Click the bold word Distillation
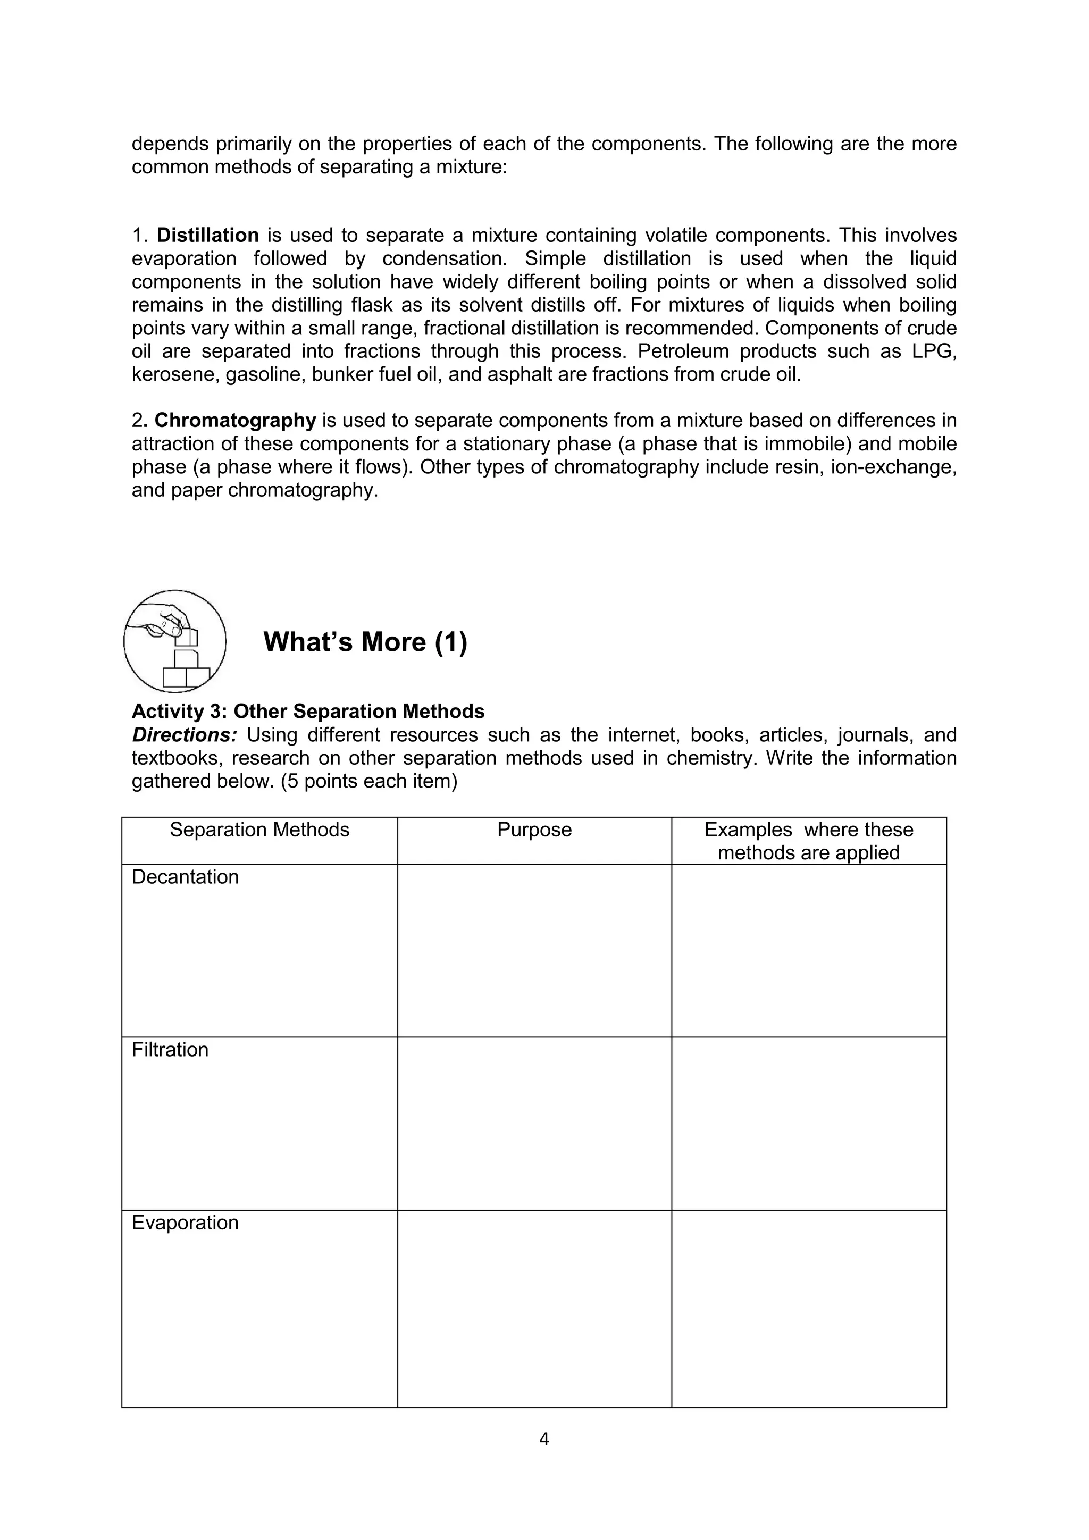(207, 236)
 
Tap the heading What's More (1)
(365, 642)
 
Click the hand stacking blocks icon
(175, 641)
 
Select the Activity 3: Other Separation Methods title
(308, 711)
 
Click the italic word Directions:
(185, 734)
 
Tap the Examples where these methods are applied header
(809, 841)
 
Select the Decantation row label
(185, 877)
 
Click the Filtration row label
(170, 1049)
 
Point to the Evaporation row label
(185, 1222)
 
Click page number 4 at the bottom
(544, 1439)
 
